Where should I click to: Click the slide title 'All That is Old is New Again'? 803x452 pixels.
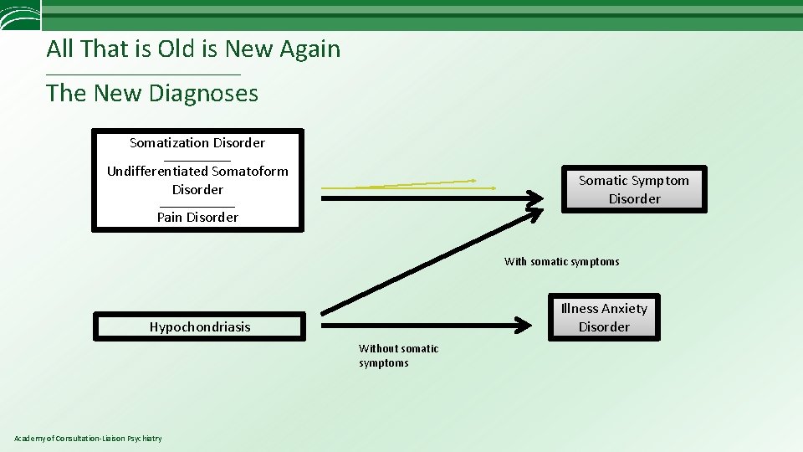pos(193,49)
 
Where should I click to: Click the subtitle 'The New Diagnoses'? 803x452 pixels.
pos(152,93)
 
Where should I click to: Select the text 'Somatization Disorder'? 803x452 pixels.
pos(197,143)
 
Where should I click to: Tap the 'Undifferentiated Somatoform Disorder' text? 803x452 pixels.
pos(197,180)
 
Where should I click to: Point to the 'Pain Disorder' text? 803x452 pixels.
pos(197,218)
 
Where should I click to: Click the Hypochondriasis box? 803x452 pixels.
pos(199,326)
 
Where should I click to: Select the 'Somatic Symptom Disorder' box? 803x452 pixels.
pos(634,189)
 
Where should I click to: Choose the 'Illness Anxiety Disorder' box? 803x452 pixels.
pos(604,317)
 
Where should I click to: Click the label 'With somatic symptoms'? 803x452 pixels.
pos(561,262)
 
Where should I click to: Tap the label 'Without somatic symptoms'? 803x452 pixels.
pos(398,356)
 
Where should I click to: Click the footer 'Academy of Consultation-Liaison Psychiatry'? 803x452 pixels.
pos(89,439)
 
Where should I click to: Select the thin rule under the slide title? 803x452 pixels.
pos(143,75)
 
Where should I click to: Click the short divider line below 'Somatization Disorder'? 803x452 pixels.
pos(197,159)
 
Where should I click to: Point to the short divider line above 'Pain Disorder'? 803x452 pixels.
pos(197,205)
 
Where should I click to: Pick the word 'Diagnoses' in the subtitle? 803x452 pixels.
pos(203,93)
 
